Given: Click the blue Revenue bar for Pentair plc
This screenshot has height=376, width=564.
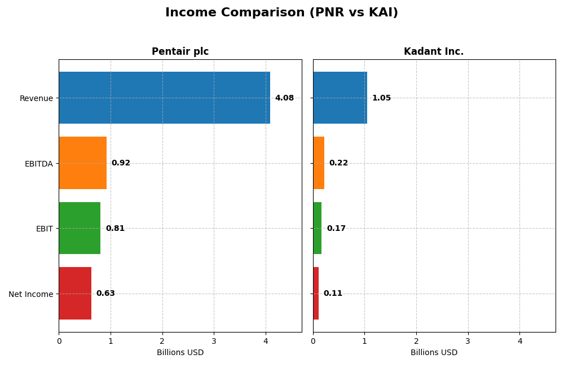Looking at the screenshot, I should [164, 98].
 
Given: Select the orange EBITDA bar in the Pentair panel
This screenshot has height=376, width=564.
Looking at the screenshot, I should [82, 163].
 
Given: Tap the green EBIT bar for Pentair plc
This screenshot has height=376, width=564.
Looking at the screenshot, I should [80, 228].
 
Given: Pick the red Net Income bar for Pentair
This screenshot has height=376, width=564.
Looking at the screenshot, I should [75, 293].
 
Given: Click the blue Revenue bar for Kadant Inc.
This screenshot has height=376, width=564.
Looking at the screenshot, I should [340, 98].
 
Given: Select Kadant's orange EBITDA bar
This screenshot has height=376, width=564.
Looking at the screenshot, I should [319, 163].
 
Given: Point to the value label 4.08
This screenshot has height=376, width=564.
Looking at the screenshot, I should [284, 98].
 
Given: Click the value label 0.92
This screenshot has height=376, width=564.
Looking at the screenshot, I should [121, 163].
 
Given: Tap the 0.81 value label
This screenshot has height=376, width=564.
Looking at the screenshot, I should [115, 229].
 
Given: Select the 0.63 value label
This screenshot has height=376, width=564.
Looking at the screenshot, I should [105, 294].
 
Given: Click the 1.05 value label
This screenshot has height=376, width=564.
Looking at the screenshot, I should [381, 98].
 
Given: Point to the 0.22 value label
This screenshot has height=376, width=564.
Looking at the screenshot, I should [338, 163].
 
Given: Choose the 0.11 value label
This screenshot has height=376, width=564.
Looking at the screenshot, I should [333, 294].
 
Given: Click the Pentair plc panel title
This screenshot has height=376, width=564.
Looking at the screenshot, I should [180, 52].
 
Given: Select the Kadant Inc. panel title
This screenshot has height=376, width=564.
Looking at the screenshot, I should [434, 52].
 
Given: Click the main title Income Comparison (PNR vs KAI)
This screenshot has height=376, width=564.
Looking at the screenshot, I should [281, 13].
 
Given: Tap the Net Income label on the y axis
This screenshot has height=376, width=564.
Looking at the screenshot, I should [31, 294].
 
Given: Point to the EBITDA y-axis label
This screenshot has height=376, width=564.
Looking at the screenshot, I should [39, 164].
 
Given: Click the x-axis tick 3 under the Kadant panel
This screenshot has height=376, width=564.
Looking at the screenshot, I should [468, 341].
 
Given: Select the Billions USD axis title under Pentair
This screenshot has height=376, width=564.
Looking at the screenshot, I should [180, 353].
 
